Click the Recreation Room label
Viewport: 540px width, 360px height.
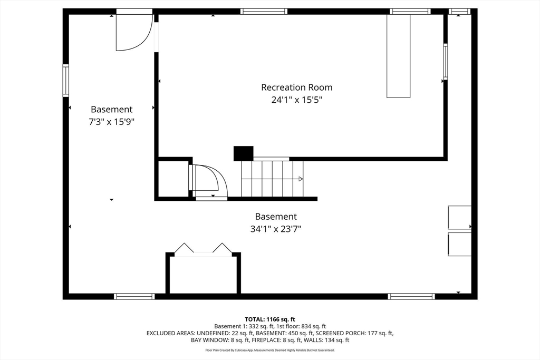click(297, 87)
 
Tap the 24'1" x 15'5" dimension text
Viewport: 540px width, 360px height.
click(297, 100)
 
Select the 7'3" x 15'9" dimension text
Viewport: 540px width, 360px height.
click(111, 122)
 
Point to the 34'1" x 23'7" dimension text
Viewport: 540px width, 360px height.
click(276, 229)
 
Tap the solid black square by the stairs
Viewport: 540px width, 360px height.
click(244, 153)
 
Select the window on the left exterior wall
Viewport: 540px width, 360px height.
click(65, 81)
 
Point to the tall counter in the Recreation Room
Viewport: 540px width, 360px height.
click(399, 56)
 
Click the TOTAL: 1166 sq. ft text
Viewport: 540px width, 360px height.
click(270, 319)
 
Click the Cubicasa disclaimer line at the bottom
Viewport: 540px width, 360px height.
click(270, 350)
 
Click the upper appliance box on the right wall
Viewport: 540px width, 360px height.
click(459, 218)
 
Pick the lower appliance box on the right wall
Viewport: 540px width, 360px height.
click(459, 245)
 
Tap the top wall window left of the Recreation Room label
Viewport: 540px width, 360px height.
click(264, 12)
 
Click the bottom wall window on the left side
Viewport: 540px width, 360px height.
click(134, 296)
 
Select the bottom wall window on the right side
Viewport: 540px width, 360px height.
click(411, 296)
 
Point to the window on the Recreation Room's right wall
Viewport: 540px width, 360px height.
click(445, 62)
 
